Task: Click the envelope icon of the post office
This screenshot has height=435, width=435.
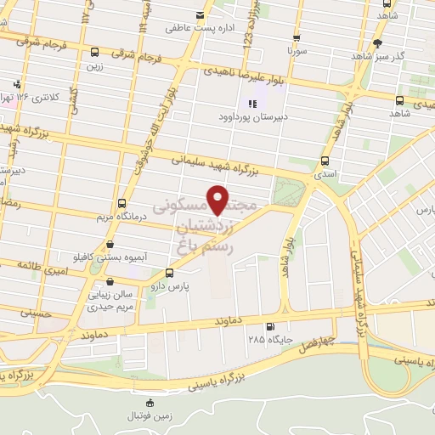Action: point(201,14)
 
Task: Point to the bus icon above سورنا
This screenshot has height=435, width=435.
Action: point(296,37)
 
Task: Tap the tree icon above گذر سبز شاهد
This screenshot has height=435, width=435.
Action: point(377,42)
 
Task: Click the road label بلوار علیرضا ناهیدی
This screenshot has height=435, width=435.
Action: point(263,77)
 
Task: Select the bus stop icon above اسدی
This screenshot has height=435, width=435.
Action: point(325,161)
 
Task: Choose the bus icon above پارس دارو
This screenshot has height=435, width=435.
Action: point(171,273)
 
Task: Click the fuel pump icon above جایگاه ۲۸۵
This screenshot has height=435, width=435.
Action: point(270,326)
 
